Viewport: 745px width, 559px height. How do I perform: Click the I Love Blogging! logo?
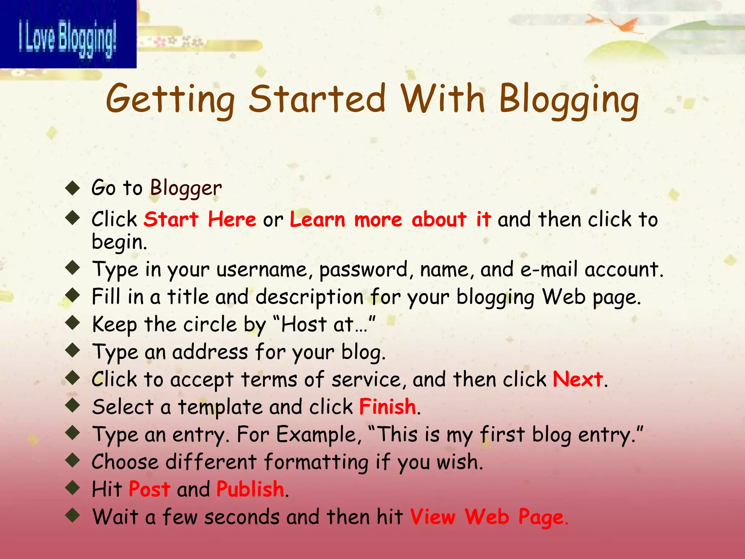68,34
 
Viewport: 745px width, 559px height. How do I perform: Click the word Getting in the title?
170,99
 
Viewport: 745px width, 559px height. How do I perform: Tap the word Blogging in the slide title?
569,99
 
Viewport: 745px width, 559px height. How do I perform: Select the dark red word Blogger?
186,188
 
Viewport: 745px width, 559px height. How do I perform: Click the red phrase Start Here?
200,219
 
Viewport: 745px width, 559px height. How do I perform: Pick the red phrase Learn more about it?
390,219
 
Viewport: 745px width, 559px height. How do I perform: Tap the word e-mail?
549,270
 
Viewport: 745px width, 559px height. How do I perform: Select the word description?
309,297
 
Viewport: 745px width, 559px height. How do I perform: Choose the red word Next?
578,379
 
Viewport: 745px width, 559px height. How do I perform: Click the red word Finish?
387,407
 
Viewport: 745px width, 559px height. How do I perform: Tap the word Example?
317,435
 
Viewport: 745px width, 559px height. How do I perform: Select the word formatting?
316,462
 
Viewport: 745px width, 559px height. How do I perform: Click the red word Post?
149,489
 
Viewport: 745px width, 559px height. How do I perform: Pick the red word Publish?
250,489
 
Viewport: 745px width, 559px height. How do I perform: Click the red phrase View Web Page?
489,517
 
